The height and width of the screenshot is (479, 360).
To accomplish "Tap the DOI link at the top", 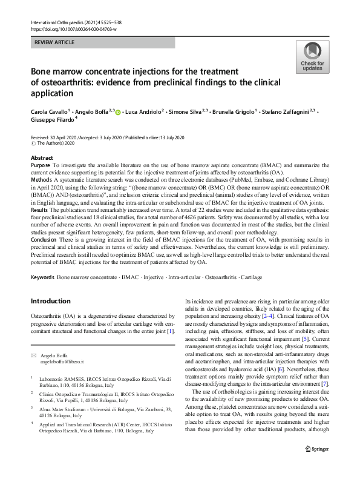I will pyautogui.click(x=73, y=29).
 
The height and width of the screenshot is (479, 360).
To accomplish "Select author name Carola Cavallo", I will pyautogui.click(x=50, y=112).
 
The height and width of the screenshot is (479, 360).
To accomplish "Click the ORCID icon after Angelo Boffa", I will pyautogui.click(x=118, y=113).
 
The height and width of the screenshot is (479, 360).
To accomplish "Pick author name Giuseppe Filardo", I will pyautogui.click(x=51, y=121).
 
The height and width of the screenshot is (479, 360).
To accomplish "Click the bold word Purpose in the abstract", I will pyautogui.click(x=40, y=165).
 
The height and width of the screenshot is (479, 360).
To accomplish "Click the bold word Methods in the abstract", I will pyautogui.click(x=41, y=180).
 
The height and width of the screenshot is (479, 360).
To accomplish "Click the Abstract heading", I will pyautogui.click(x=42, y=157).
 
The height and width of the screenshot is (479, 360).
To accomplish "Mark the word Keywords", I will pyautogui.click(x=42, y=277).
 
